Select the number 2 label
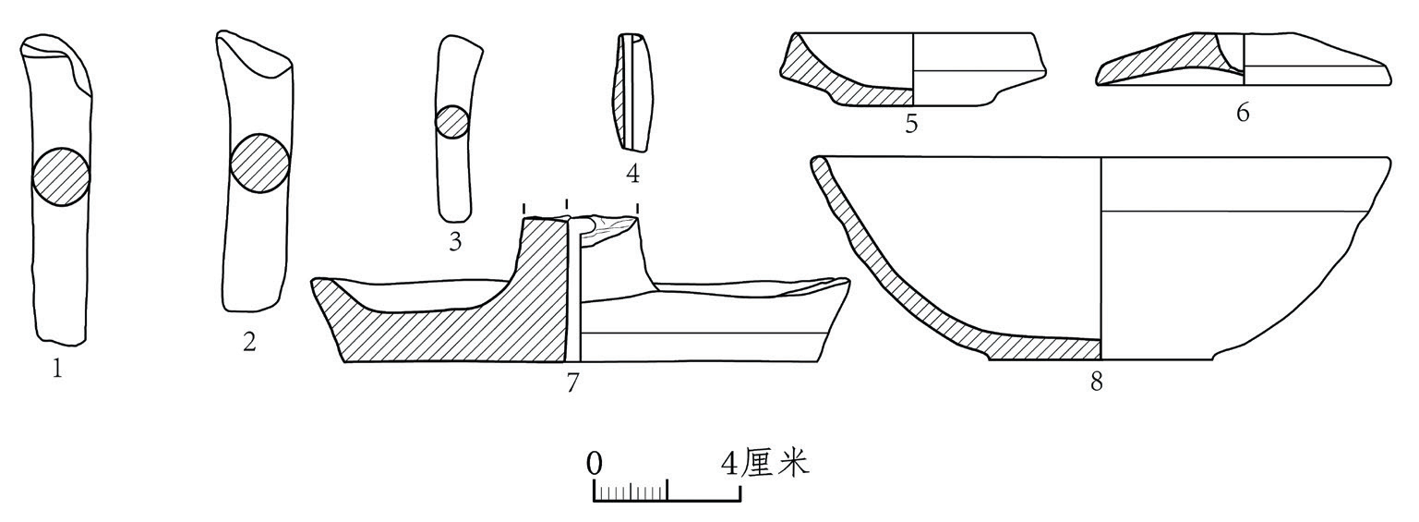pos(249,343)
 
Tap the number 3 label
pos(455,242)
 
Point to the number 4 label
pos(632,174)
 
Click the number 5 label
pos(911,124)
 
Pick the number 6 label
pos(1243,113)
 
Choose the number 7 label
pos(572,382)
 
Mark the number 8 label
pos(1097,382)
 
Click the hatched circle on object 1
pos(61,177)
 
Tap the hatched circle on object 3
pos(452,121)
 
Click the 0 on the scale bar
pos(595,464)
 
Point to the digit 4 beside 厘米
pos(729,464)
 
